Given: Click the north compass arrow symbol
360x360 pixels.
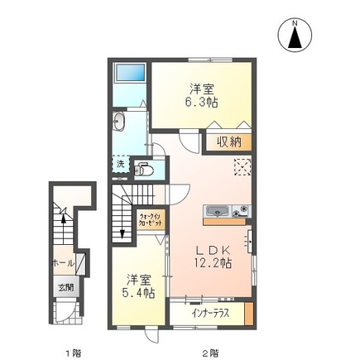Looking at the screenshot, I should point(295,38).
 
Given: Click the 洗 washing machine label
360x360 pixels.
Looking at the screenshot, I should point(118,163).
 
